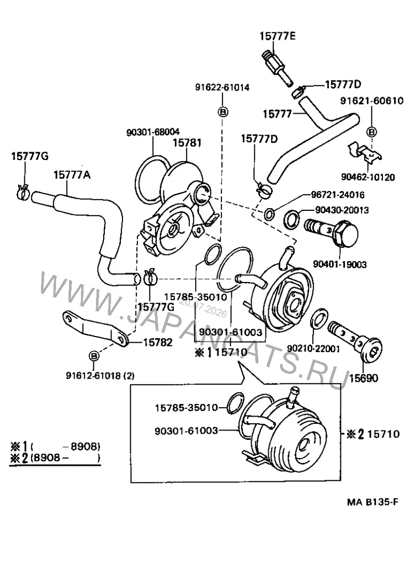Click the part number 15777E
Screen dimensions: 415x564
(x=278, y=36)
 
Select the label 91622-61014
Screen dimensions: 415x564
(x=222, y=87)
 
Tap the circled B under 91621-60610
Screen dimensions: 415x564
(x=371, y=132)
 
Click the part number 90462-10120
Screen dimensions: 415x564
(x=368, y=177)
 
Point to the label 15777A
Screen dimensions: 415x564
(x=72, y=175)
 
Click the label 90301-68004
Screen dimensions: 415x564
(x=153, y=132)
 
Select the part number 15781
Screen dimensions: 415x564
(x=187, y=143)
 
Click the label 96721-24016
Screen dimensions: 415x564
(x=338, y=195)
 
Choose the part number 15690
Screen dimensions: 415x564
(x=364, y=378)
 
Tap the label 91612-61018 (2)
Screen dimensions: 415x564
(x=100, y=375)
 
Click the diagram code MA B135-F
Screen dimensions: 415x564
(x=372, y=502)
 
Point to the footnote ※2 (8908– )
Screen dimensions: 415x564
(x=55, y=458)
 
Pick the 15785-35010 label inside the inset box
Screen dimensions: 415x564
(x=186, y=408)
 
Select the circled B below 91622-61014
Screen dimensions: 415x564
(x=223, y=112)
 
